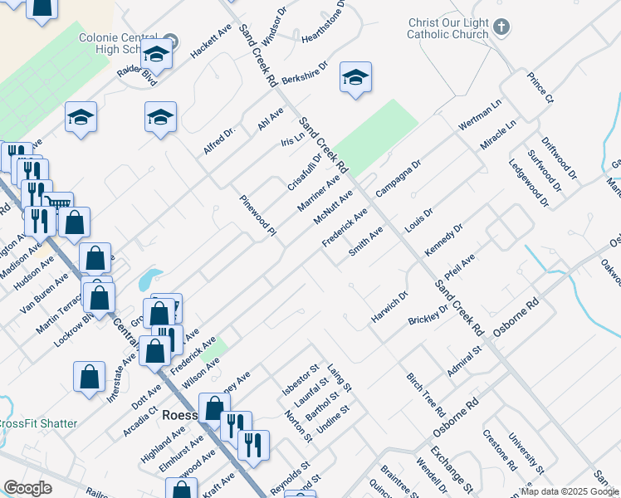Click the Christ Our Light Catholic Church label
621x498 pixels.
pyautogui.click(x=449, y=29)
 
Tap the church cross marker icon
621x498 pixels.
pyautogui.click(x=501, y=27)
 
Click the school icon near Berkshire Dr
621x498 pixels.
pyautogui.click(x=355, y=79)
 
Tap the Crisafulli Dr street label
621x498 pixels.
pyautogui.click(x=305, y=169)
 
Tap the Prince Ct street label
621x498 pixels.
pyautogui.click(x=540, y=88)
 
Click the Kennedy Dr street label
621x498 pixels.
pyautogui.click(x=443, y=239)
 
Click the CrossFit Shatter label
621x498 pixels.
pyautogui.click(x=37, y=423)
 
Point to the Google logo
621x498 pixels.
pyautogui.click(x=27, y=488)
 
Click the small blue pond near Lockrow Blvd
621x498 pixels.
pyautogui.click(x=150, y=276)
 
